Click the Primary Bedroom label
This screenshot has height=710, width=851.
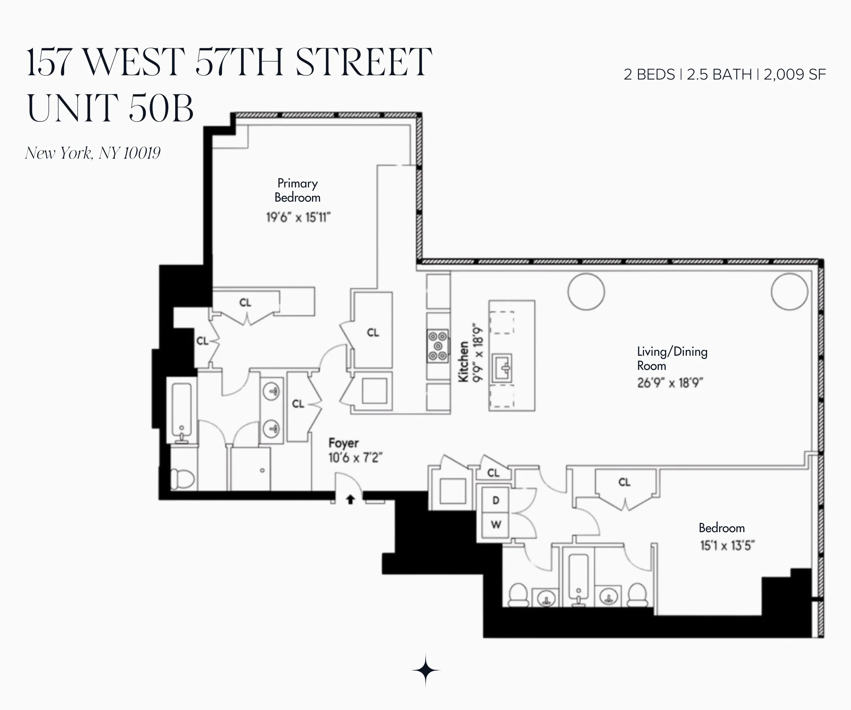(x=297, y=190)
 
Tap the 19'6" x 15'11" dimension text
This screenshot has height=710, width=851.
(x=298, y=218)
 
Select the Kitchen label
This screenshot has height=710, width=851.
(x=463, y=361)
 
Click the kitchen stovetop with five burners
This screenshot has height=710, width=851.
(x=438, y=346)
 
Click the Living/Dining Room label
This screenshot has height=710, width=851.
(x=672, y=358)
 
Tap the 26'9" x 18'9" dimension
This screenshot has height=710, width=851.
(x=670, y=383)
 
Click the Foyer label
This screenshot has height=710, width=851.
(x=343, y=443)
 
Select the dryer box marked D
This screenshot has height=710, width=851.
(x=496, y=500)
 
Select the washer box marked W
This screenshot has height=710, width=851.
(x=496, y=525)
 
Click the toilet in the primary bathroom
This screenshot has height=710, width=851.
(x=182, y=479)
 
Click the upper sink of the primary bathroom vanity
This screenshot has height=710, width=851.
(x=272, y=391)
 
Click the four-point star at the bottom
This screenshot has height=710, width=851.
(x=425, y=670)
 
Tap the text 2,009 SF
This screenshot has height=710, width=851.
(x=795, y=75)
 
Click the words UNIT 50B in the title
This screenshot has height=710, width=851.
(x=110, y=108)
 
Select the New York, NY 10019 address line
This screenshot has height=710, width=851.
(x=93, y=153)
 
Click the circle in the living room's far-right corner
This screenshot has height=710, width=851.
(x=789, y=292)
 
